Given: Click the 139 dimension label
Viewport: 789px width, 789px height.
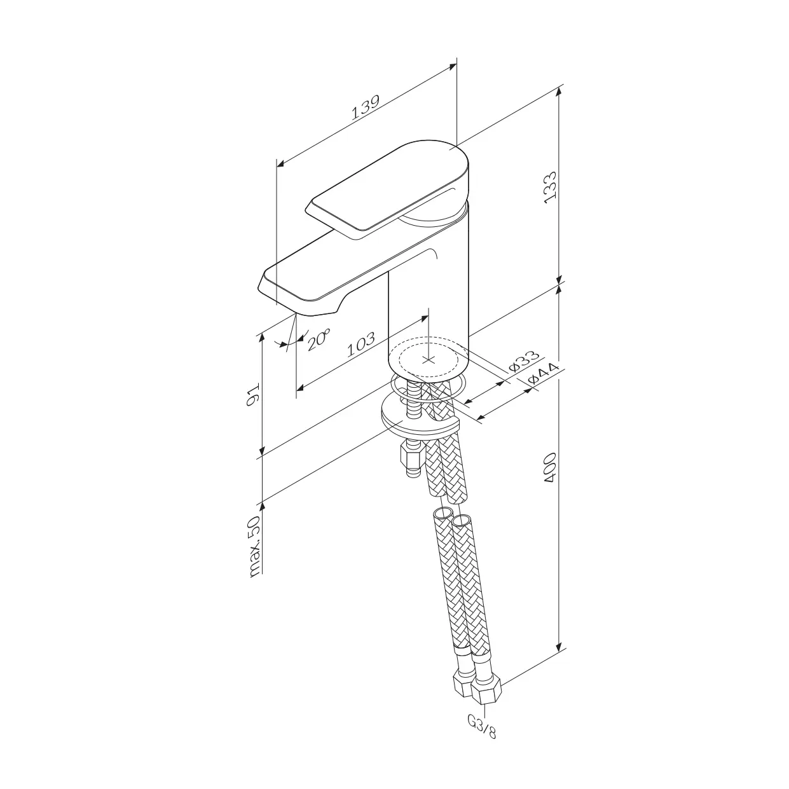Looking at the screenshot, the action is click(x=366, y=107).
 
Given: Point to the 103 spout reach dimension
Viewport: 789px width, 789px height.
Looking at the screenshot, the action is click(x=360, y=344).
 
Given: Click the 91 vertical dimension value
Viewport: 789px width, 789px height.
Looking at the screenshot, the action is click(x=253, y=394).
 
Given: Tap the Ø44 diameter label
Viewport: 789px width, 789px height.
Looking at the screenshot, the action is click(x=544, y=374).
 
